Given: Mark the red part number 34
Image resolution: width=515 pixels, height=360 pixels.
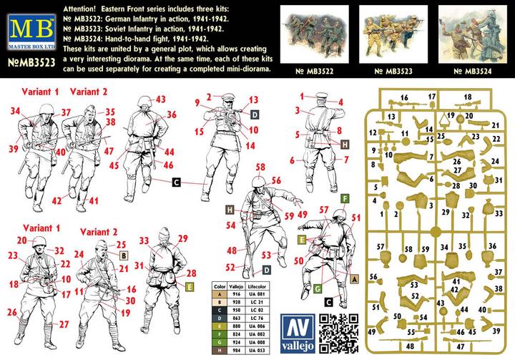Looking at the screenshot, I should click(16, 111).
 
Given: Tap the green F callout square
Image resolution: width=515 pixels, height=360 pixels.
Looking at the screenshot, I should click(344, 198).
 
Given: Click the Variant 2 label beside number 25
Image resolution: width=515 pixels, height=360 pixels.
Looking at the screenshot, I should click(99, 232).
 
